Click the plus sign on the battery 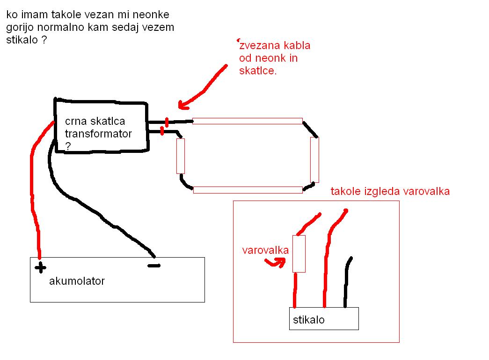coord(40,267)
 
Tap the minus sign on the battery coord(154,266)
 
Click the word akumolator coord(77,281)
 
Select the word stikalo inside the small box coord(309,320)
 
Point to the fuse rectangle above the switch coord(299,254)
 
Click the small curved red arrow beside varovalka coord(276,262)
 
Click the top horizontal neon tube coord(247,121)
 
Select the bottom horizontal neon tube coord(248,190)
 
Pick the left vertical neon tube coord(181,156)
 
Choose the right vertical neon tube coord(314,159)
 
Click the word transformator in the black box coord(98,134)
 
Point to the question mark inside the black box coord(68,146)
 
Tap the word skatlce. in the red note coord(258,71)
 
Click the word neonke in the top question coord(151,14)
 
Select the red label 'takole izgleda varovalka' coord(390,191)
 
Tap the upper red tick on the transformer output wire coord(167,122)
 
